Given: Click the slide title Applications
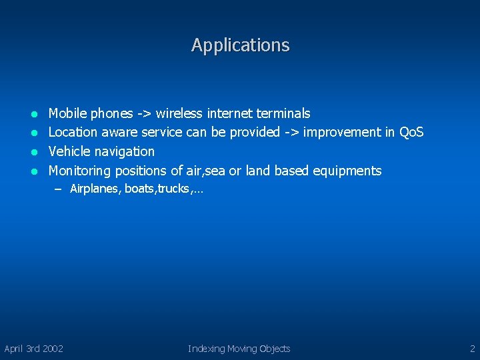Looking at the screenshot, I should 240,45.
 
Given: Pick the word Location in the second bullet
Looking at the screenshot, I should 73,132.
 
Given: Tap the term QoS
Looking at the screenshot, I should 411,132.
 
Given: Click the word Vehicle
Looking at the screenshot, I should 71,151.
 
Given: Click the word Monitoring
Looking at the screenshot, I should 80,171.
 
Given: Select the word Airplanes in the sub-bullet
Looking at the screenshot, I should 95,189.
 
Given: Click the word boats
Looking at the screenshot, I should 139,189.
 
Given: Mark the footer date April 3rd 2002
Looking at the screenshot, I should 34,348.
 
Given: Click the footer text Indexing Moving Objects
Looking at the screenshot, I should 239,348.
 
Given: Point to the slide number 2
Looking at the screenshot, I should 472,348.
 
